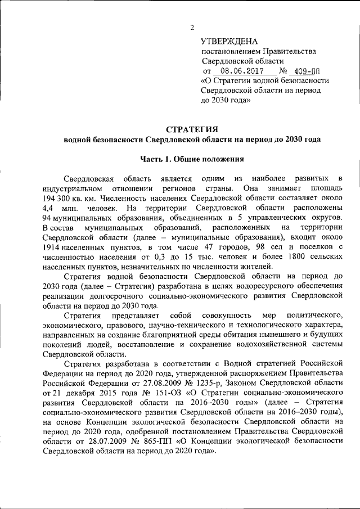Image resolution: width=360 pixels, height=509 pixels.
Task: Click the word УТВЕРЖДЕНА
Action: [229, 42]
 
